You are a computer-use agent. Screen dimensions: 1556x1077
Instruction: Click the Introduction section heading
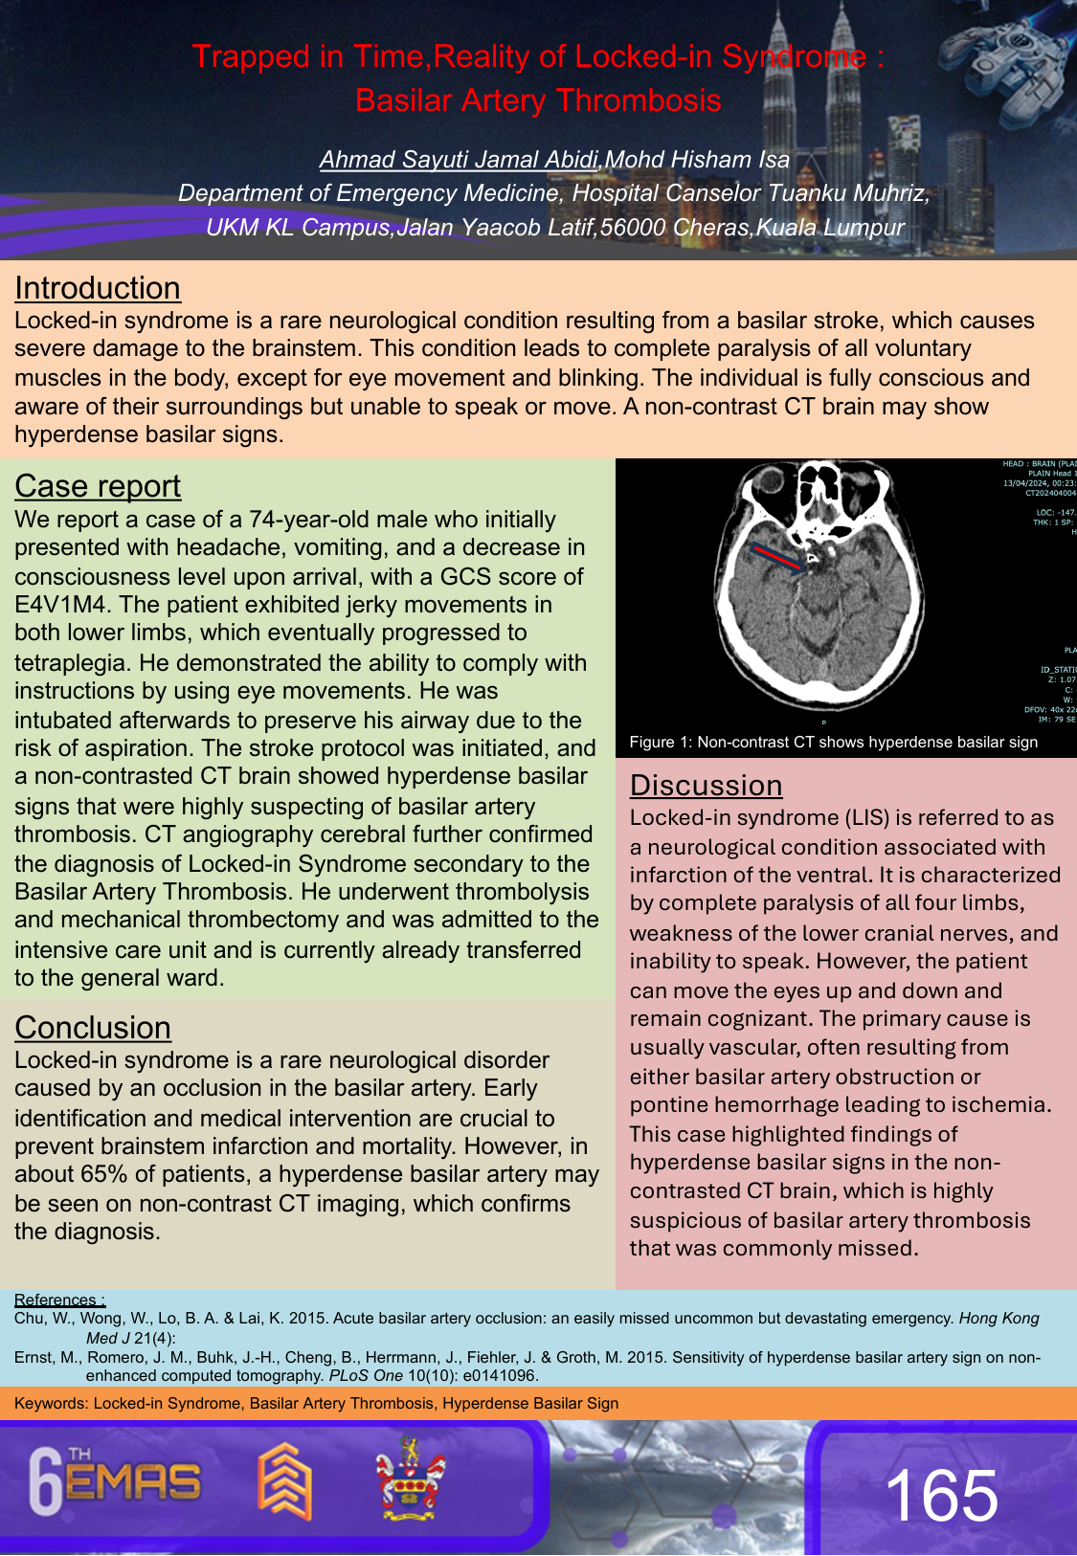[98, 288]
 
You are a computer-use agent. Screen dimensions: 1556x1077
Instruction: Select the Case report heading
[98, 486]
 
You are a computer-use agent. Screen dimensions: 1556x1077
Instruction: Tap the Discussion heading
[706, 786]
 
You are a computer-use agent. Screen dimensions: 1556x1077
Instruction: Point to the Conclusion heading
[93, 1028]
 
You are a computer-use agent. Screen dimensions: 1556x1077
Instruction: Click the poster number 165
[941, 1496]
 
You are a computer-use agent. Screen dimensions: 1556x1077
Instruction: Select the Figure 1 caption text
[833, 743]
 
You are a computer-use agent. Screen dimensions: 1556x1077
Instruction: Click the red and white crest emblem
[410, 1479]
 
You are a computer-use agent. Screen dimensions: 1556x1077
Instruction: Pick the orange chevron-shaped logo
[284, 1482]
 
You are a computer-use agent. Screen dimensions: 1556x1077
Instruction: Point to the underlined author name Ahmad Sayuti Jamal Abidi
[460, 160]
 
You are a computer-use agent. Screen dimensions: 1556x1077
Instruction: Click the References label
[59, 1300]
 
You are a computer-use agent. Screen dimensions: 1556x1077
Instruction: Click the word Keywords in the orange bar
[50, 1404]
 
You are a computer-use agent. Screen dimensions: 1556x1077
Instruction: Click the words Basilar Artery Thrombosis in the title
[538, 100]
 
